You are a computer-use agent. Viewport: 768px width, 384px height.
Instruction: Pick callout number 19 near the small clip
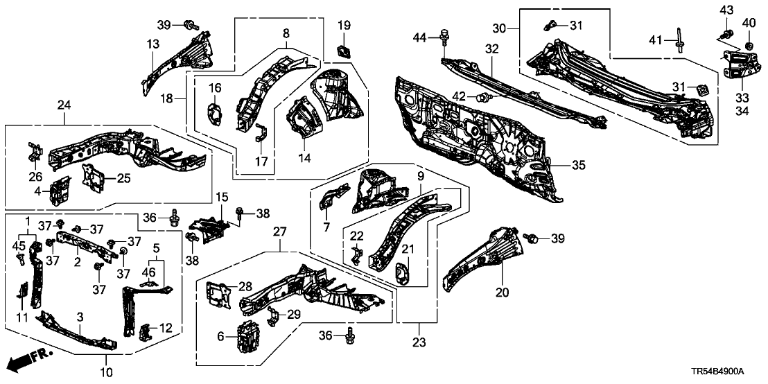[x=344, y=26]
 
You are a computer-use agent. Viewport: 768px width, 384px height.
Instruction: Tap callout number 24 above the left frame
[x=64, y=105]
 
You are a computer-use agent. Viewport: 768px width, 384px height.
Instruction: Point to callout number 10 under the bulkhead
[x=106, y=373]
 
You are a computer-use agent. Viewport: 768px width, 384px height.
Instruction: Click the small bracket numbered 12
[x=146, y=332]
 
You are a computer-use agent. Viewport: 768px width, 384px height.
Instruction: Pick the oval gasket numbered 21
[x=403, y=273]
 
